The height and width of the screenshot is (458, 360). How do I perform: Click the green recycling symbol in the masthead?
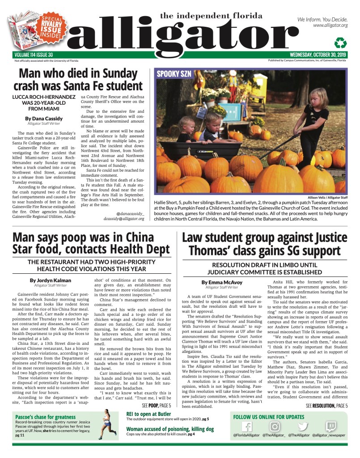[x=341, y=43]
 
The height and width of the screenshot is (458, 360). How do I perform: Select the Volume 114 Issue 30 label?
[x=34, y=55]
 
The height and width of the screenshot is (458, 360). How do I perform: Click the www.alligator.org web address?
[x=330, y=25]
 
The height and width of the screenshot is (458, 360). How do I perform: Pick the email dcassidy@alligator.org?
[x=124, y=219]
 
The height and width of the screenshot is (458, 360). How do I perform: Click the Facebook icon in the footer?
[x=247, y=427]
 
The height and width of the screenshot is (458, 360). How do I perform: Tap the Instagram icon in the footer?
[x=275, y=427]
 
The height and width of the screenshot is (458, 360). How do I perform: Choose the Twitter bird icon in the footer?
[x=303, y=427]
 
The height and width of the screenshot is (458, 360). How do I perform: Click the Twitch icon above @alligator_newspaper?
[x=331, y=427]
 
